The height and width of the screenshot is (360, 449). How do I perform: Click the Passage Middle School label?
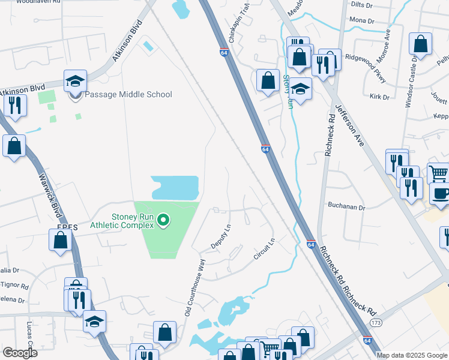pyautogui.click(x=128, y=94)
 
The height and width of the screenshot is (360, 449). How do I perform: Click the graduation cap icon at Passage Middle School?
pyautogui.click(x=76, y=81)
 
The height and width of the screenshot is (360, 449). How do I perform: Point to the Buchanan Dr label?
pyautogui.click(x=346, y=206)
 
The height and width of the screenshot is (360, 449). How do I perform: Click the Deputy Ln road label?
pyautogui.click(x=220, y=238)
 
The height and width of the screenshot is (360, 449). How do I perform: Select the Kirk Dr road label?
pyautogui.click(x=379, y=97)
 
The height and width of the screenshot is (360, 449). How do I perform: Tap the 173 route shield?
pyautogui.click(x=376, y=323)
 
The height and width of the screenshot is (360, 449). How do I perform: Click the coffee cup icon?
pyautogui.click(x=440, y=194)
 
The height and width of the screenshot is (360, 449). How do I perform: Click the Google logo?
pyautogui.click(x=20, y=353)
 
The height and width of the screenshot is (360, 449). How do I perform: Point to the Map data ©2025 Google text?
pyautogui.click(x=412, y=355)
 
